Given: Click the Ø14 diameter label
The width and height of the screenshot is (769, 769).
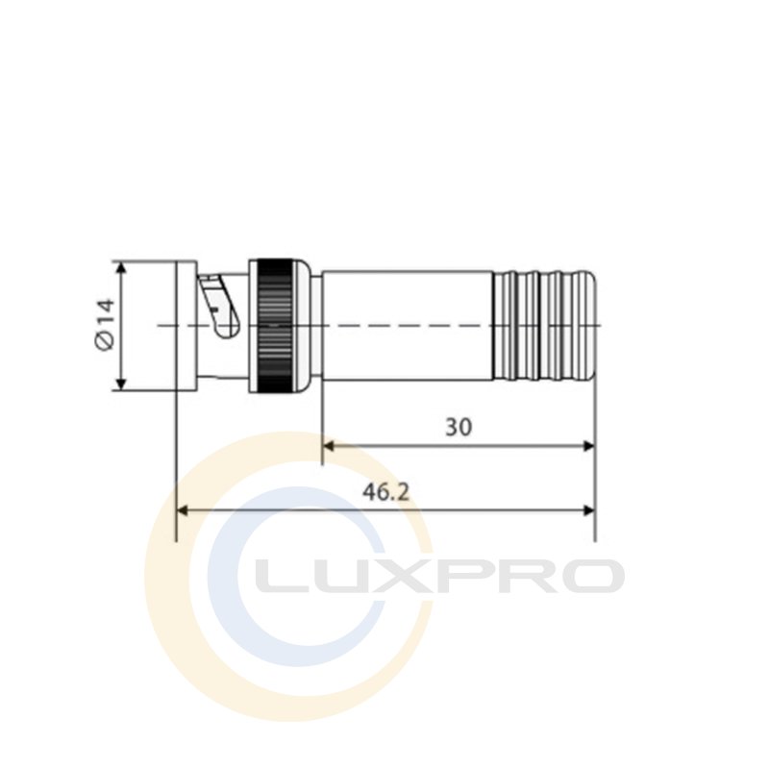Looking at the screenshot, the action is click(x=105, y=324).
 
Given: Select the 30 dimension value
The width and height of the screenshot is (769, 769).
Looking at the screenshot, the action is click(x=459, y=427).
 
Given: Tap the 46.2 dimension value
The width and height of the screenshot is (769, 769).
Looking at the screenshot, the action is click(x=385, y=492).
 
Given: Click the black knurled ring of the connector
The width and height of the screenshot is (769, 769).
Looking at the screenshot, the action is click(x=275, y=325).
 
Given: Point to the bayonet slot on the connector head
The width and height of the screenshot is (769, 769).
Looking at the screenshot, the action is click(x=219, y=306).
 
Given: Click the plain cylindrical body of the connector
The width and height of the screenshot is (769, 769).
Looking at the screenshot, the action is click(x=407, y=326).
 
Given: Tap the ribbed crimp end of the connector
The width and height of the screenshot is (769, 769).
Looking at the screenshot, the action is click(x=544, y=326).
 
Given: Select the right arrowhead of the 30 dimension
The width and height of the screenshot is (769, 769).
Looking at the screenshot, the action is click(x=588, y=446).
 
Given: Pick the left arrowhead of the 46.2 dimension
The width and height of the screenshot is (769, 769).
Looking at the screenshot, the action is click(x=182, y=510).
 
